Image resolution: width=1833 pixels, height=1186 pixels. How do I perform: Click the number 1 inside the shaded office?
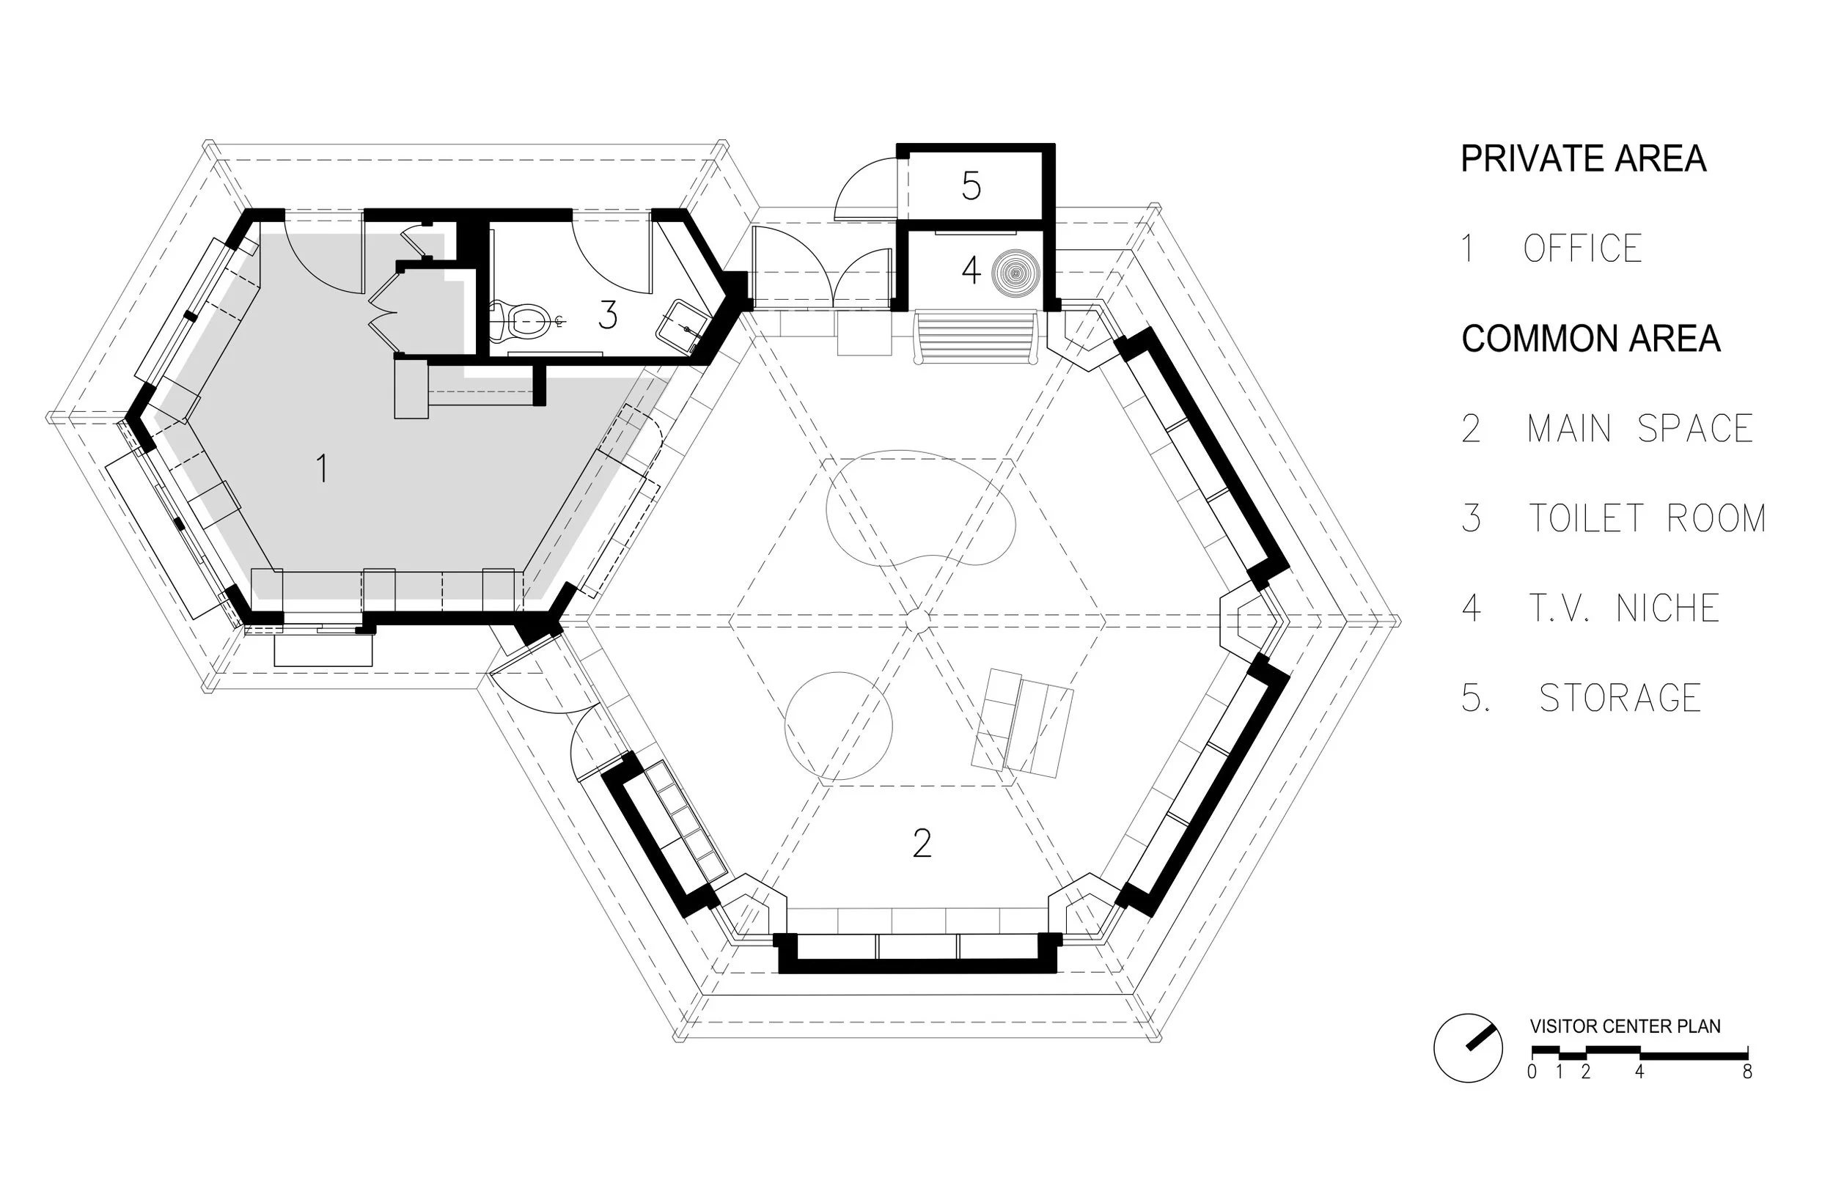click(x=323, y=468)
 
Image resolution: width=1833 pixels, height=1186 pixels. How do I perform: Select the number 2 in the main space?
click(x=922, y=843)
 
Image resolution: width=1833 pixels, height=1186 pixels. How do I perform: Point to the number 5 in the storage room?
click(x=971, y=185)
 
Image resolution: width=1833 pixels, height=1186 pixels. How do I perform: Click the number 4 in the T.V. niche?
click(x=971, y=270)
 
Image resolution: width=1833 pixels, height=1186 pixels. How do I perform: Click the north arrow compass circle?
click(x=1467, y=1047)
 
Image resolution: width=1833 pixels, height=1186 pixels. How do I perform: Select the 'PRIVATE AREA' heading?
click(x=1584, y=158)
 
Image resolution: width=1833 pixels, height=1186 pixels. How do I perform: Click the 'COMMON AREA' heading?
click(x=1590, y=339)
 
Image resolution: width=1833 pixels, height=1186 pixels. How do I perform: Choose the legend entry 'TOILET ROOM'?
click(x=1647, y=518)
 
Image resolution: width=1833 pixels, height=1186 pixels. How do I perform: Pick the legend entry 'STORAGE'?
click(x=1620, y=698)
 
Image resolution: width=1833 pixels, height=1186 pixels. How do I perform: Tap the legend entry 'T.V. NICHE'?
click(x=1623, y=608)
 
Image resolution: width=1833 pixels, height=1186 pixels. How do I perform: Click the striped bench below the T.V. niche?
click(x=976, y=336)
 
